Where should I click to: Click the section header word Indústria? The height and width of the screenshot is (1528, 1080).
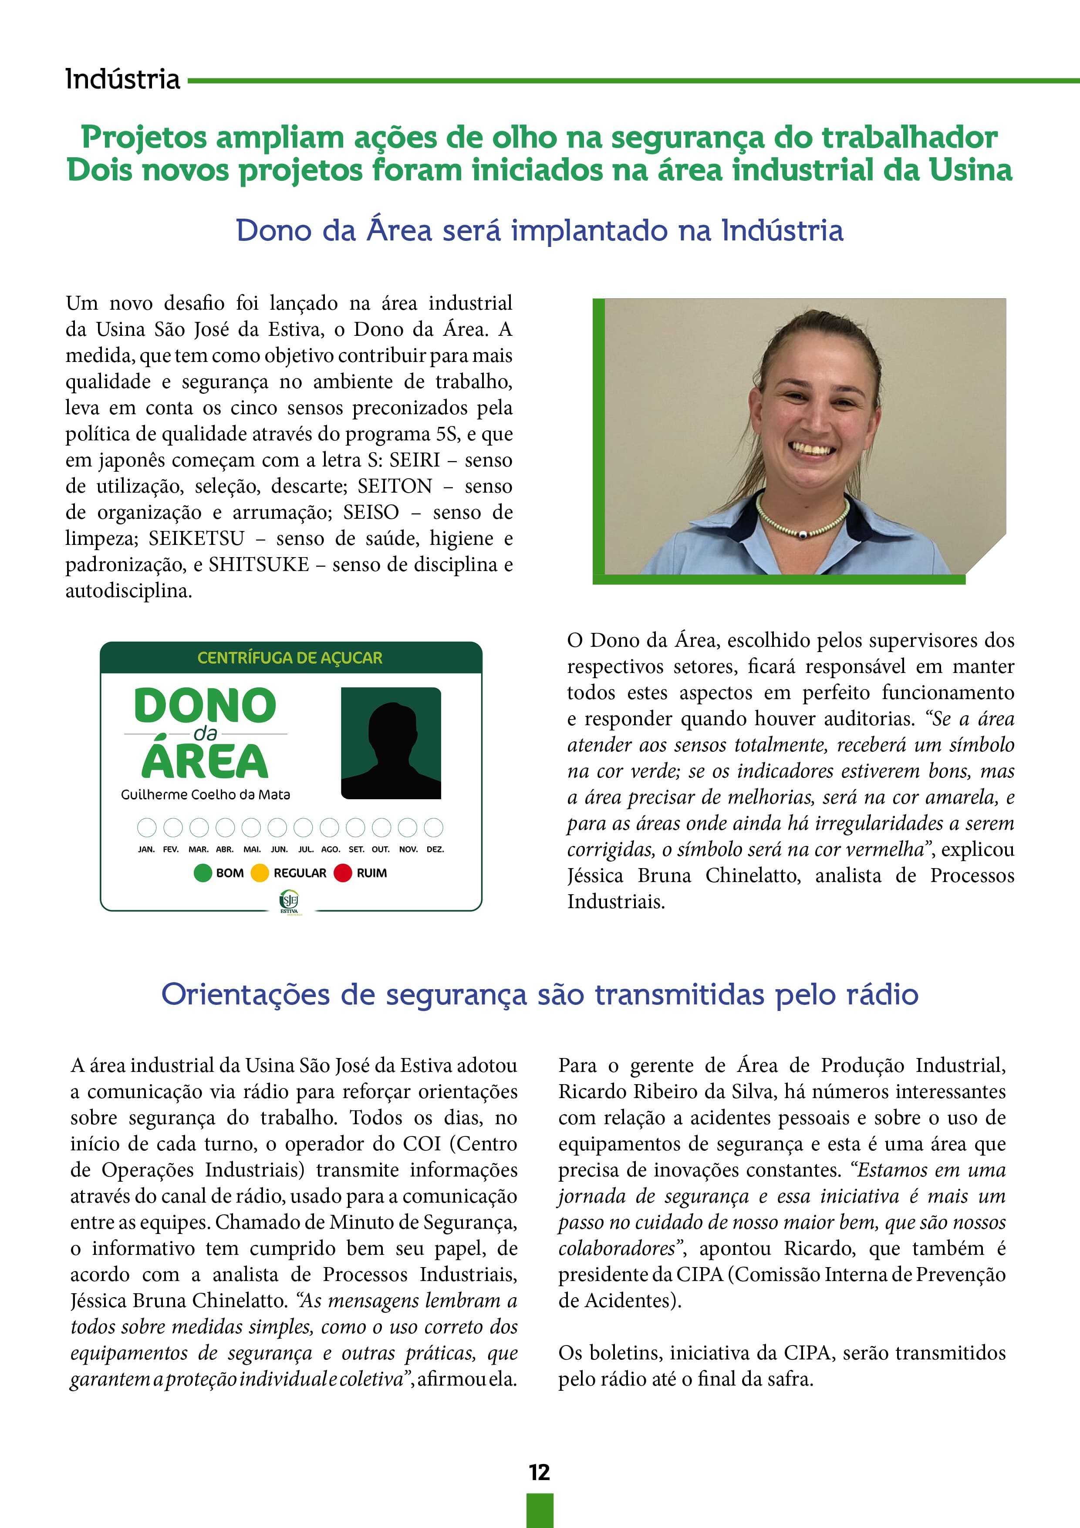coord(122,79)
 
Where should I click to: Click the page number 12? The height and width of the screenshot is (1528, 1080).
coord(539,1472)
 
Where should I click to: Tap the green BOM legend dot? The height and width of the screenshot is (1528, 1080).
coord(202,872)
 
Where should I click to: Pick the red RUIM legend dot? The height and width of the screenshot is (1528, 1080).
coord(343,872)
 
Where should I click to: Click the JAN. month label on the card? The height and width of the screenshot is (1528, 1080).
coord(146,850)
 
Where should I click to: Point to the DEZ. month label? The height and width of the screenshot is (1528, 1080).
coord(435,850)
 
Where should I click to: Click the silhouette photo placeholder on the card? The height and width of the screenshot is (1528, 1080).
coord(391,743)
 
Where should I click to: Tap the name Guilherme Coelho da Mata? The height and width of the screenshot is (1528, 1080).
coord(205,794)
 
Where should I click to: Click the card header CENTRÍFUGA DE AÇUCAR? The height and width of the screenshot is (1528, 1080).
coord(290,658)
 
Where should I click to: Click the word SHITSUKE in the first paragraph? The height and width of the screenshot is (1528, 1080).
coord(259,565)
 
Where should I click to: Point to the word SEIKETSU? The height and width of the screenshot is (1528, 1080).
coord(196,538)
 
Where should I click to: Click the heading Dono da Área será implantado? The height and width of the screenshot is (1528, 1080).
coord(539,231)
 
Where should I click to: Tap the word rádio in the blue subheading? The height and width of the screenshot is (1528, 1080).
coord(882,994)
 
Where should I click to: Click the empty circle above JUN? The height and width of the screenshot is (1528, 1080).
coord(277,827)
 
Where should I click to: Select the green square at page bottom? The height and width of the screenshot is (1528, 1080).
coord(540,1511)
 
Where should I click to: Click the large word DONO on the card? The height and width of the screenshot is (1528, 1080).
coord(205,706)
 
